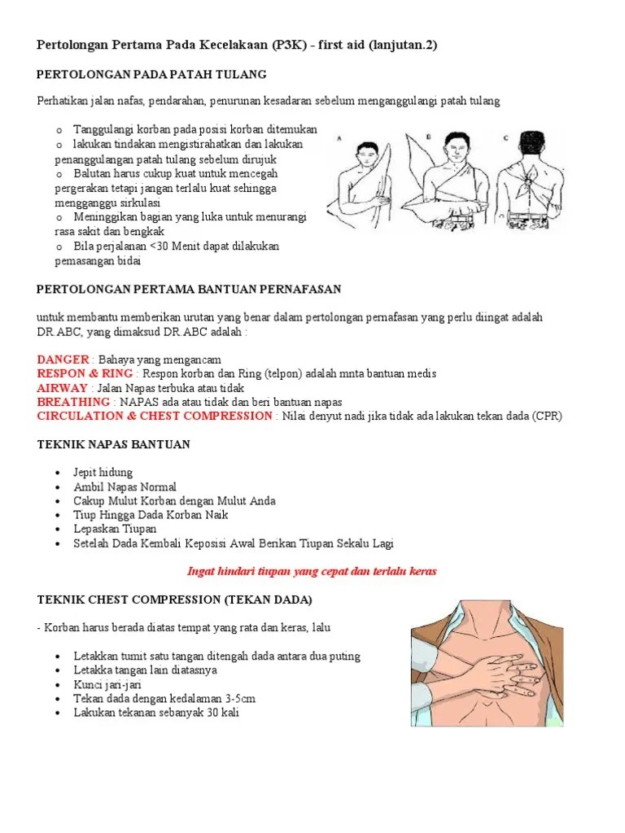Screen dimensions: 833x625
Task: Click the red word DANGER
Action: pos(63,360)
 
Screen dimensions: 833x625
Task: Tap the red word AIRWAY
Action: pos(62,388)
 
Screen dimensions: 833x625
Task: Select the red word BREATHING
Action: pos(73,402)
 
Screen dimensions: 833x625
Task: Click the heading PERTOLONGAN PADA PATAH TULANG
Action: pos(152,75)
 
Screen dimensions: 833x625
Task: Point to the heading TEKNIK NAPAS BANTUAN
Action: pos(113,444)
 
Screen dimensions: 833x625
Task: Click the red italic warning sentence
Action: pos(312,571)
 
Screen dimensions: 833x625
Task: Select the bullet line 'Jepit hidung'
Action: pos(103,473)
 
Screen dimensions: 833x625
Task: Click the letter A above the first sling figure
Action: pos(339,139)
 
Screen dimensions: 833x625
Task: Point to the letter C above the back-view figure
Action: pos(506,138)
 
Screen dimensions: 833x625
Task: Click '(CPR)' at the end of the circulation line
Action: pos(547,416)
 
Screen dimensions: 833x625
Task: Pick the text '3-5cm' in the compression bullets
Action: pos(240,698)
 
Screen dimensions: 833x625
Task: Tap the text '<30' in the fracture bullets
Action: pos(159,246)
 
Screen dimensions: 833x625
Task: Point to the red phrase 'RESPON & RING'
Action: pos(85,373)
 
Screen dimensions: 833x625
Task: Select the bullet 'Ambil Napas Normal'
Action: pos(125,486)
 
